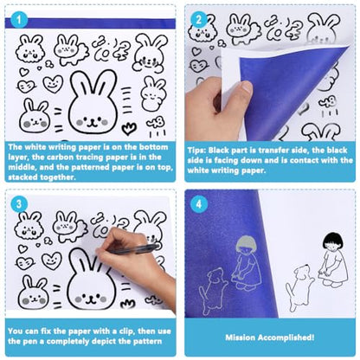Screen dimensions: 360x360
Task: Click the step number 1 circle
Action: click(19, 20)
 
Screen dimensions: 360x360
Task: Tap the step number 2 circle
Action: click(199, 20)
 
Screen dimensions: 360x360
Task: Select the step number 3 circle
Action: click(19, 204)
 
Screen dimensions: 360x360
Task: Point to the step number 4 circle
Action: click(199, 204)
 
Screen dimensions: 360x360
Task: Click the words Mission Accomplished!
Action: click(270, 337)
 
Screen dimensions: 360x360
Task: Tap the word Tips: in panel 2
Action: click(196, 151)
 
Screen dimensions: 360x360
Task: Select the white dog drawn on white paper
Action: click(299, 286)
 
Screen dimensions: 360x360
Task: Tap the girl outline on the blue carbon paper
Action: click(246, 262)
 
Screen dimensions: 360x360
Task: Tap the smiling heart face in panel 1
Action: click(53, 84)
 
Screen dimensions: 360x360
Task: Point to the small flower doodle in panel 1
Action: click(129, 129)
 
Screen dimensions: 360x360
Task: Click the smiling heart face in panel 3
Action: click(52, 260)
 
